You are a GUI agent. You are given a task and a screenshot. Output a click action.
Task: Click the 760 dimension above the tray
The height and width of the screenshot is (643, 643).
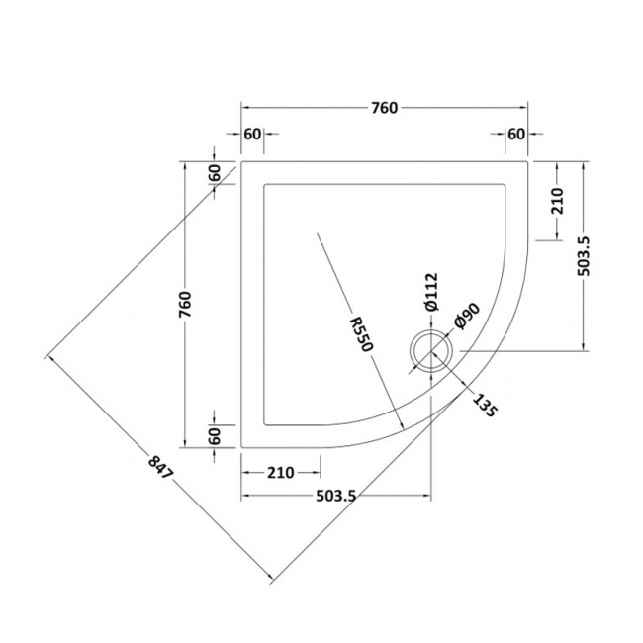tap(386, 108)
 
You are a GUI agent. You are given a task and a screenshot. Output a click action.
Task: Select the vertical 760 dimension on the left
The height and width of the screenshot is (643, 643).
tap(184, 305)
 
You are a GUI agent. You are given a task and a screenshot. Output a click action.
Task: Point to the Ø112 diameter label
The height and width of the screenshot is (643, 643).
tap(431, 293)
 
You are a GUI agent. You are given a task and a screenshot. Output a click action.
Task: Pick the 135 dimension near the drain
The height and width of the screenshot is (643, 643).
tap(484, 405)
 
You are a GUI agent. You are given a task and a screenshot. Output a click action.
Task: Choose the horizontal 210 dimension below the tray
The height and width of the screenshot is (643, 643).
tap(280, 472)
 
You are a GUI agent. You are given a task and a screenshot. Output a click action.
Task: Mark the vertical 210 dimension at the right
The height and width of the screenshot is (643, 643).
tap(556, 201)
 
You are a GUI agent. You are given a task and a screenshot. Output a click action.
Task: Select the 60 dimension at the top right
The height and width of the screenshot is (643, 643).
tap(516, 135)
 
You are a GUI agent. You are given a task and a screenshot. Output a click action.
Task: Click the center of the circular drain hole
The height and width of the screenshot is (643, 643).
tap(431, 350)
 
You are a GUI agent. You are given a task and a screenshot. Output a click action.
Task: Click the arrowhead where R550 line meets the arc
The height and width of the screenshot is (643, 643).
tap(401, 426)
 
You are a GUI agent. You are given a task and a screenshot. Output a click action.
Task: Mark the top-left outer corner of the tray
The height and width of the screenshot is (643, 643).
tap(242, 159)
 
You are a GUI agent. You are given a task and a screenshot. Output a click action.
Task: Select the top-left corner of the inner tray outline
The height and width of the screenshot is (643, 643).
tap(263, 181)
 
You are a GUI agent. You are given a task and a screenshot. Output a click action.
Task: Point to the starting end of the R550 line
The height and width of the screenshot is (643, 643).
tap(317, 233)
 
